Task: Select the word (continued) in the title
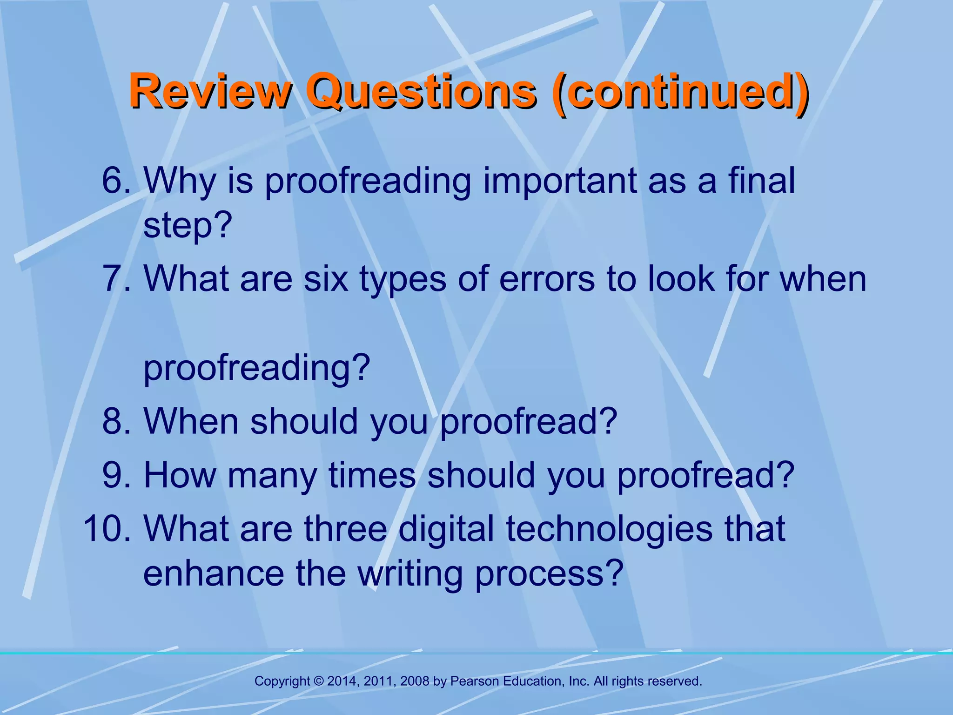click(679, 91)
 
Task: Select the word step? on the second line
click(188, 225)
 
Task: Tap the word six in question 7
click(326, 279)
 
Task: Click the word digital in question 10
click(446, 529)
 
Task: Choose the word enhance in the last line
click(214, 573)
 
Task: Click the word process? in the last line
click(549, 573)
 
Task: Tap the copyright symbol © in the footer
click(319, 681)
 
